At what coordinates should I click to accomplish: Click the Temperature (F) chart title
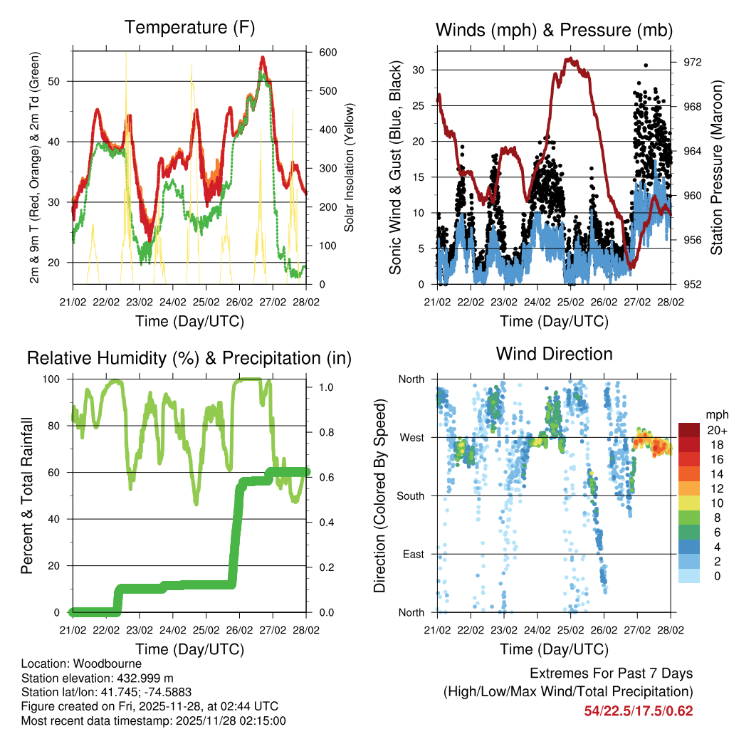(189, 28)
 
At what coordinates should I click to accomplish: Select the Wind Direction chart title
(554, 354)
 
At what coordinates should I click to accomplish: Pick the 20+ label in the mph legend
(715, 430)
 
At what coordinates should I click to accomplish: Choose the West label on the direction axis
(411, 437)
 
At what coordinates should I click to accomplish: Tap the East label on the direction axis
(412, 554)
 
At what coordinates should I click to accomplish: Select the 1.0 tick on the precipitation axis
(326, 387)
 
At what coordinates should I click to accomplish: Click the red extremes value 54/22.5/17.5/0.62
(638, 710)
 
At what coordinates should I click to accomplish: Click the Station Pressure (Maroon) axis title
(717, 167)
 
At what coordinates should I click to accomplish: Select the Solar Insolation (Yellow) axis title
(350, 167)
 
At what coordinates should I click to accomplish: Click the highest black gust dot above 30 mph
(646, 65)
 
